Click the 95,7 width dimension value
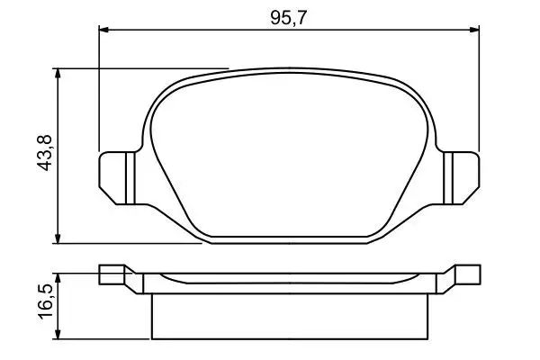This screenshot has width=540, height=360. pos(288,18)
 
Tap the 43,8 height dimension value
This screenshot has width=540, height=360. pos(44,153)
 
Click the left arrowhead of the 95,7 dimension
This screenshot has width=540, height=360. pos(103,30)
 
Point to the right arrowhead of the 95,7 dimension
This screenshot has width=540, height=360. pos(474,30)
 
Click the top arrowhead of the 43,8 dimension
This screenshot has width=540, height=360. pos(58,74)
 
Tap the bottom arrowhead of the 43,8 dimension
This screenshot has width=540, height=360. pos(58,238)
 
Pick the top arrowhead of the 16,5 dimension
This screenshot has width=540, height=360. pos(58,278)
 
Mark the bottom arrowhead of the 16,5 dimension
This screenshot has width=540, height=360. pos(58,334)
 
